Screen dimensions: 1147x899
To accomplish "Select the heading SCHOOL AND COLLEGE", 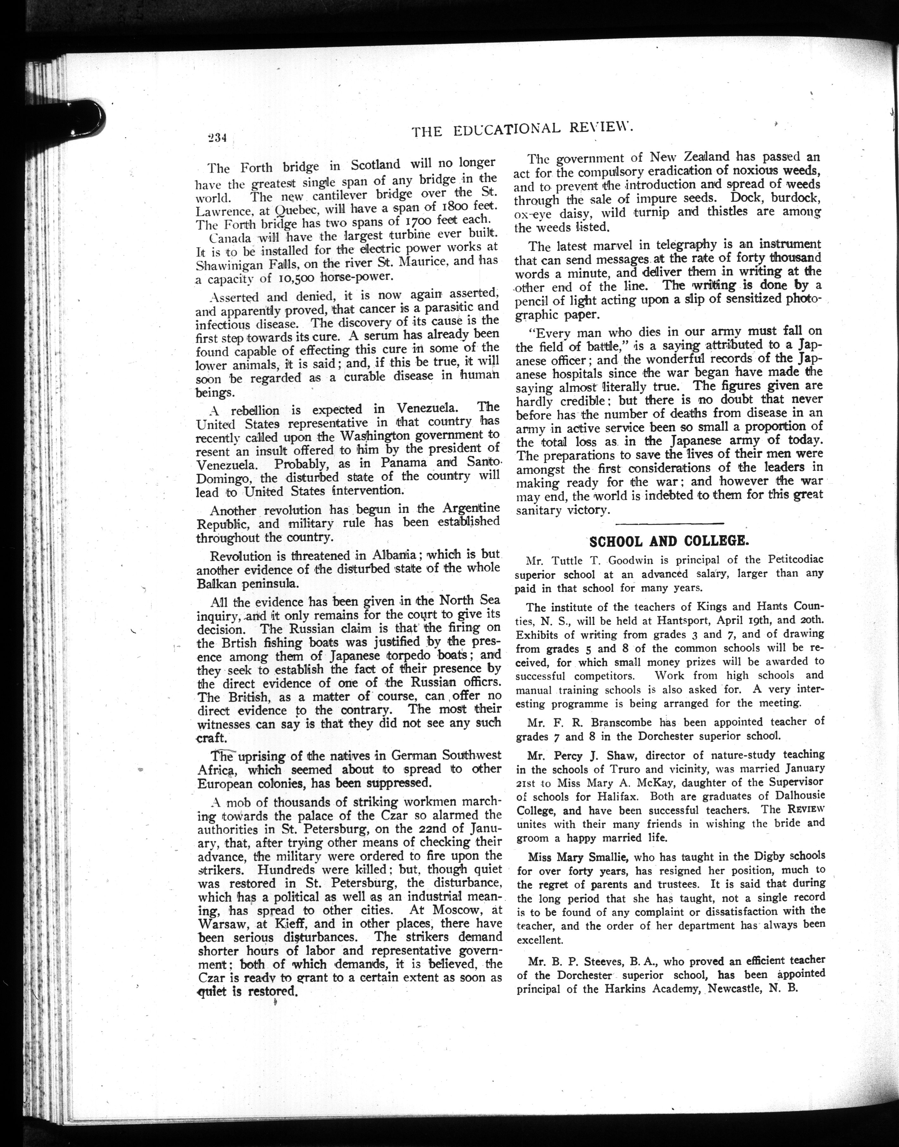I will coord(669,542).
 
